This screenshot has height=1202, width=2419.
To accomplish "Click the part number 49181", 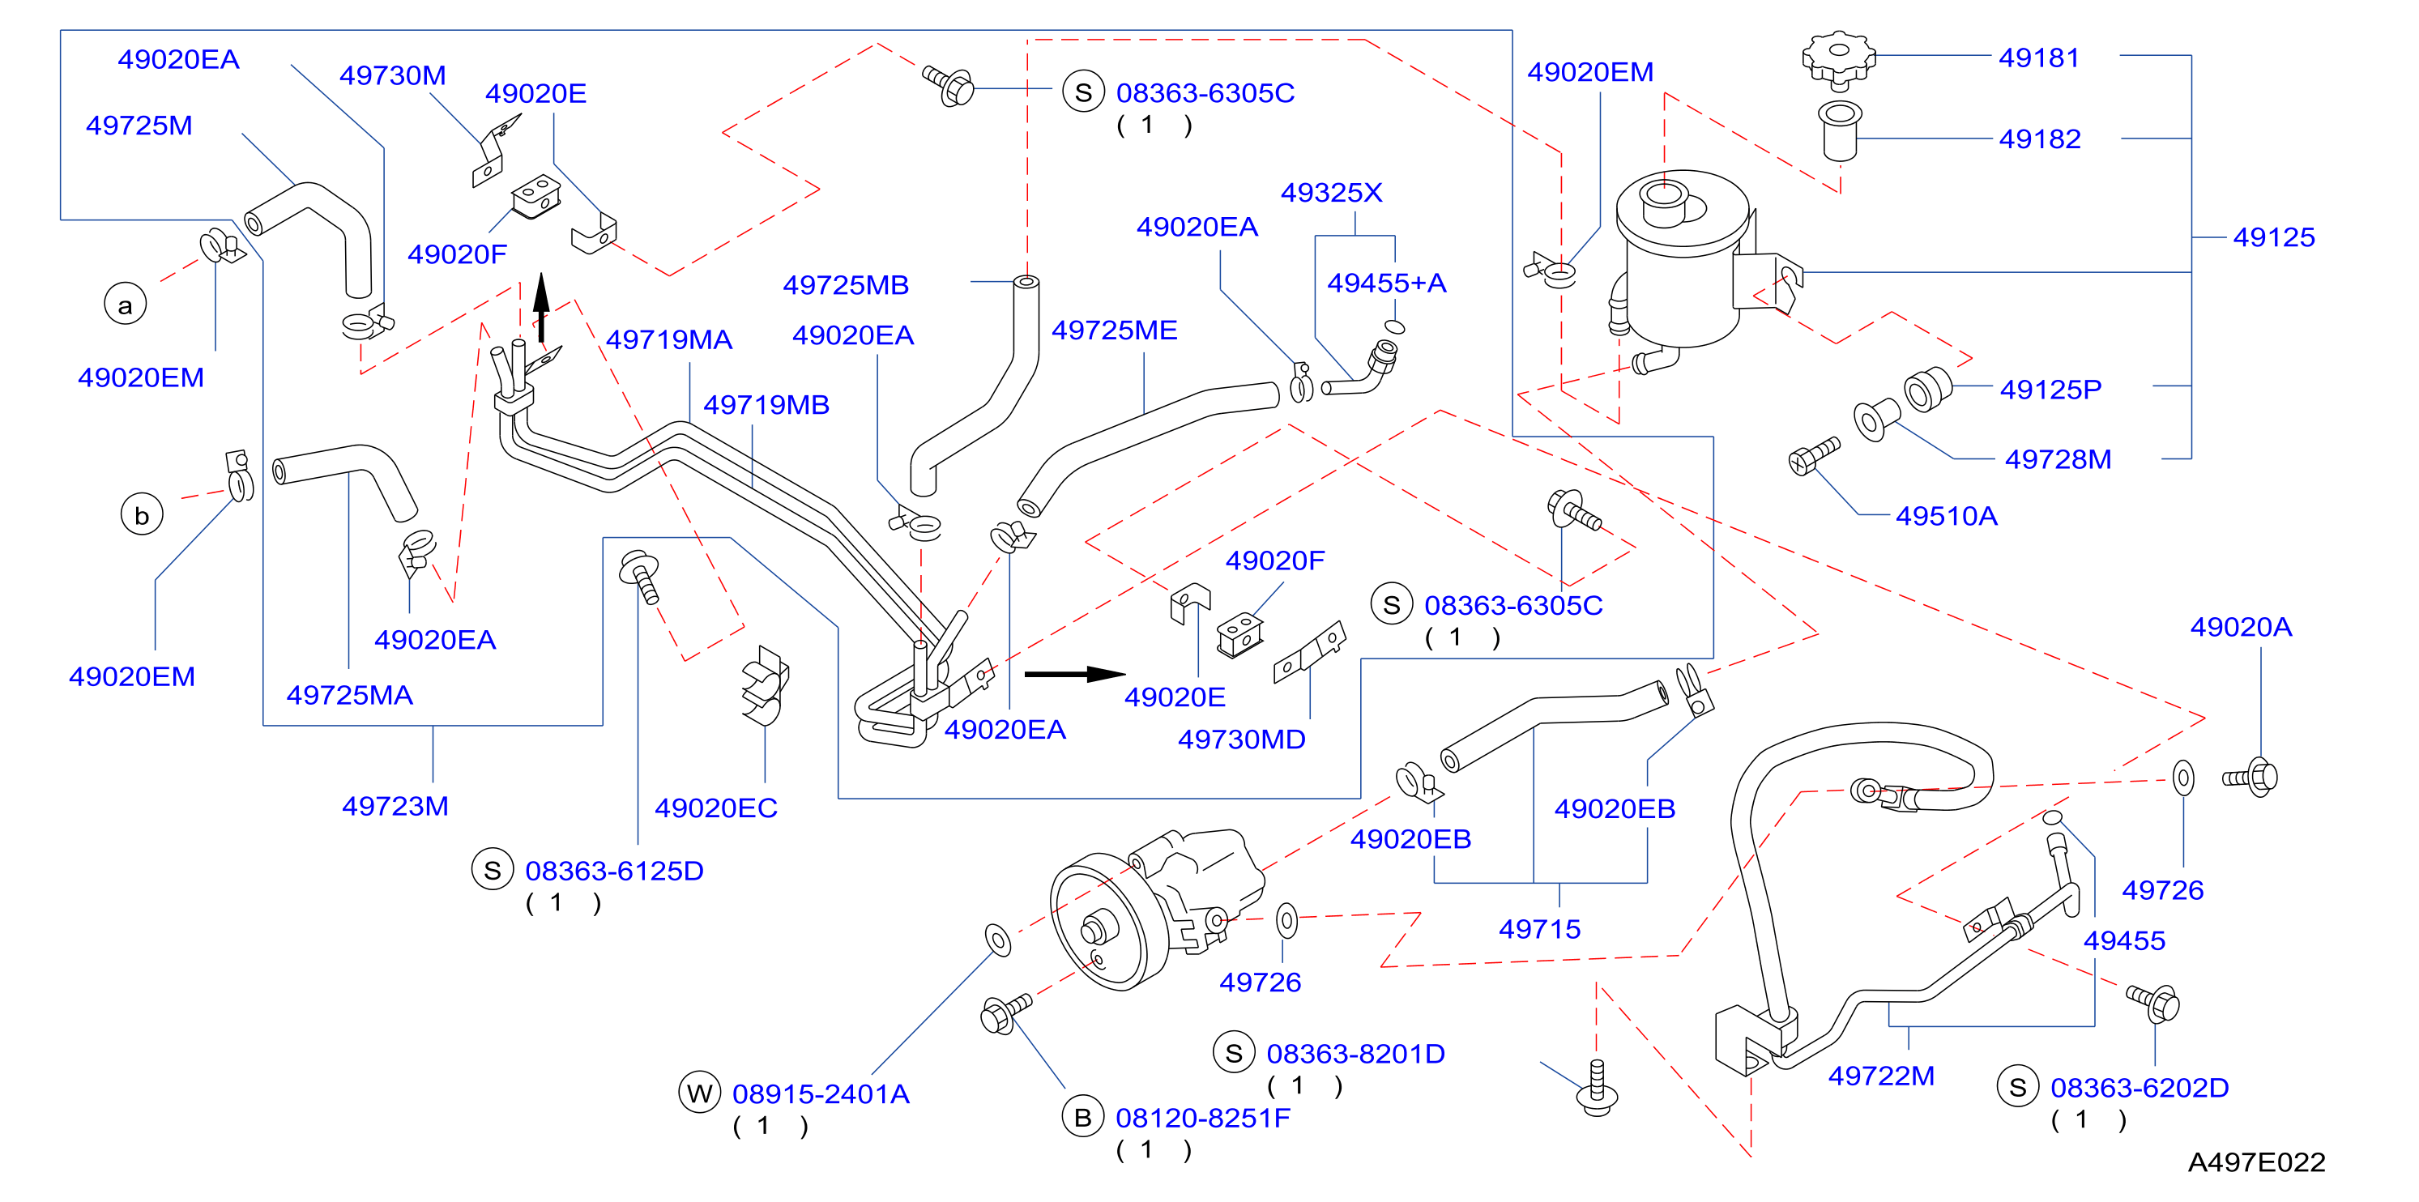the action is pos(2039,58).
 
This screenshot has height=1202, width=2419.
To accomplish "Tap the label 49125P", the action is pos(2051,390).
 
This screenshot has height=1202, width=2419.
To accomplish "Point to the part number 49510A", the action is pos(1947,515).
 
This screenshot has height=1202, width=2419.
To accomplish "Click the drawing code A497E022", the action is pos(2256,1162).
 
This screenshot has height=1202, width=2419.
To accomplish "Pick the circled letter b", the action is pos(142,514).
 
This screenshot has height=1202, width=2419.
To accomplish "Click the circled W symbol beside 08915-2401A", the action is pos(700,1092).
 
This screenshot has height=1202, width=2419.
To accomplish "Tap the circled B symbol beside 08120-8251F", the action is pos(1083,1116).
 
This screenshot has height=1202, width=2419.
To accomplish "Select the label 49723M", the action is pos(395,806).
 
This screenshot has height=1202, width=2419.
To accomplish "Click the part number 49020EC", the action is pos(716,808).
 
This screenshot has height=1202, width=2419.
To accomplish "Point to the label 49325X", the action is pos(1332,193).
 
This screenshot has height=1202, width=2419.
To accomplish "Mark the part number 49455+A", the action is pos(1386,283).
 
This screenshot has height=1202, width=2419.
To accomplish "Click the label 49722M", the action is pos(1881,1075).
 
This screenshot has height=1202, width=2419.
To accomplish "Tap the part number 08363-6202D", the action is pos(2140,1088).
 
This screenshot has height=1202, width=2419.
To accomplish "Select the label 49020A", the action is pos(2241,627).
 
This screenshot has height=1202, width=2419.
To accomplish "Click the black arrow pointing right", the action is pos(1075,673).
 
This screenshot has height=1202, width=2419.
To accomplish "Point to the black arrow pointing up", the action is pos(541,307).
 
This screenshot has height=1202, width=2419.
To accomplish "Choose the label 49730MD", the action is pos(1241,739).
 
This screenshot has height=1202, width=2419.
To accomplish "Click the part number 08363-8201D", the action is pos(1355,1054).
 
